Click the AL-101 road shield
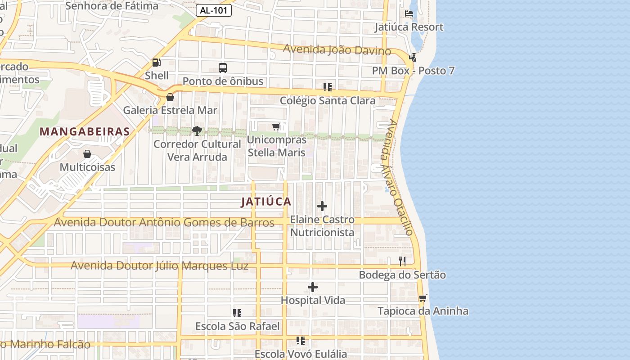[x=214, y=11]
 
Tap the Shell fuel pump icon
[x=157, y=63]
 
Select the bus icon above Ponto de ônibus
[x=223, y=68]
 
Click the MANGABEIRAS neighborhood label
[x=85, y=131]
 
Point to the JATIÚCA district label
[x=266, y=202]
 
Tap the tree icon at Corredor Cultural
[x=197, y=131]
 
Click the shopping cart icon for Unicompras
[x=276, y=127]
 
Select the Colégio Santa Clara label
[x=328, y=100]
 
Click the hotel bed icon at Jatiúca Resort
[x=409, y=13]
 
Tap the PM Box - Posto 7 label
[x=413, y=71]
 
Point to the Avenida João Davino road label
[x=337, y=49]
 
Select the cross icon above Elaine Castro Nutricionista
[x=322, y=207]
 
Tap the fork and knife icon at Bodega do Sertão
[x=402, y=261]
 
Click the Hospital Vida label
[x=313, y=300]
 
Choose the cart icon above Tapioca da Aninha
[x=423, y=298]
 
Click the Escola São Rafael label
[x=237, y=326]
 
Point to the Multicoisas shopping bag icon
[x=87, y=154]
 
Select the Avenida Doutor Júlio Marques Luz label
[x=159, y=265]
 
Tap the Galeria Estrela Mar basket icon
[x=170, y=97]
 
